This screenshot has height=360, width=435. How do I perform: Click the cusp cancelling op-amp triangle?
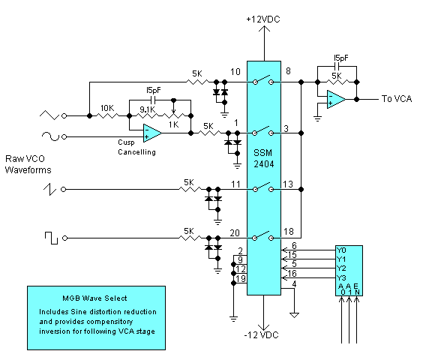(152, 133)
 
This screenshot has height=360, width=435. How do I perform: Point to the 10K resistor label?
(107, 109)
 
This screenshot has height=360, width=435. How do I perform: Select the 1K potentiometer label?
(174, 124)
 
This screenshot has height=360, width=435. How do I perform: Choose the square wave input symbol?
(51, 238)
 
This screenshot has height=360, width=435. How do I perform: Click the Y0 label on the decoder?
(341, 250)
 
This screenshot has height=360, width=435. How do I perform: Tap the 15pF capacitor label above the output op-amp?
(341, 58)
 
